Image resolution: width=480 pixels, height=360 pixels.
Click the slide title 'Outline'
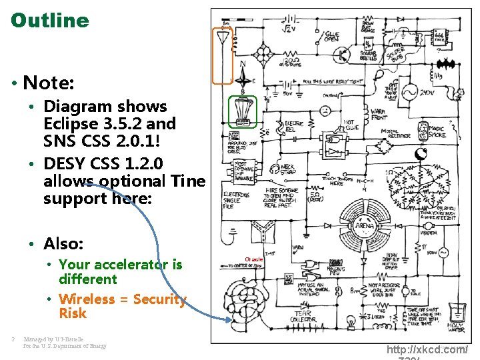[50, 20]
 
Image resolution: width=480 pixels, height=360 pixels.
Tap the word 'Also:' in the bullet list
[63, 243]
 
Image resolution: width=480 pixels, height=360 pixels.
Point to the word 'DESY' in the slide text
[65, 163]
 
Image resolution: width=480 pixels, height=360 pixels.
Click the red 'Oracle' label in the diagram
[254, 259]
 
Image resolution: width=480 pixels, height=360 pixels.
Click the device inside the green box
[243, 110]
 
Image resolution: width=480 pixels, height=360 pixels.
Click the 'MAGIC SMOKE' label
[437, 132]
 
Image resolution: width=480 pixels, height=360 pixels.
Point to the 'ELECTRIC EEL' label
[294, 127]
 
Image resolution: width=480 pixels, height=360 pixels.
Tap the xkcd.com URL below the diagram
[427, 349]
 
